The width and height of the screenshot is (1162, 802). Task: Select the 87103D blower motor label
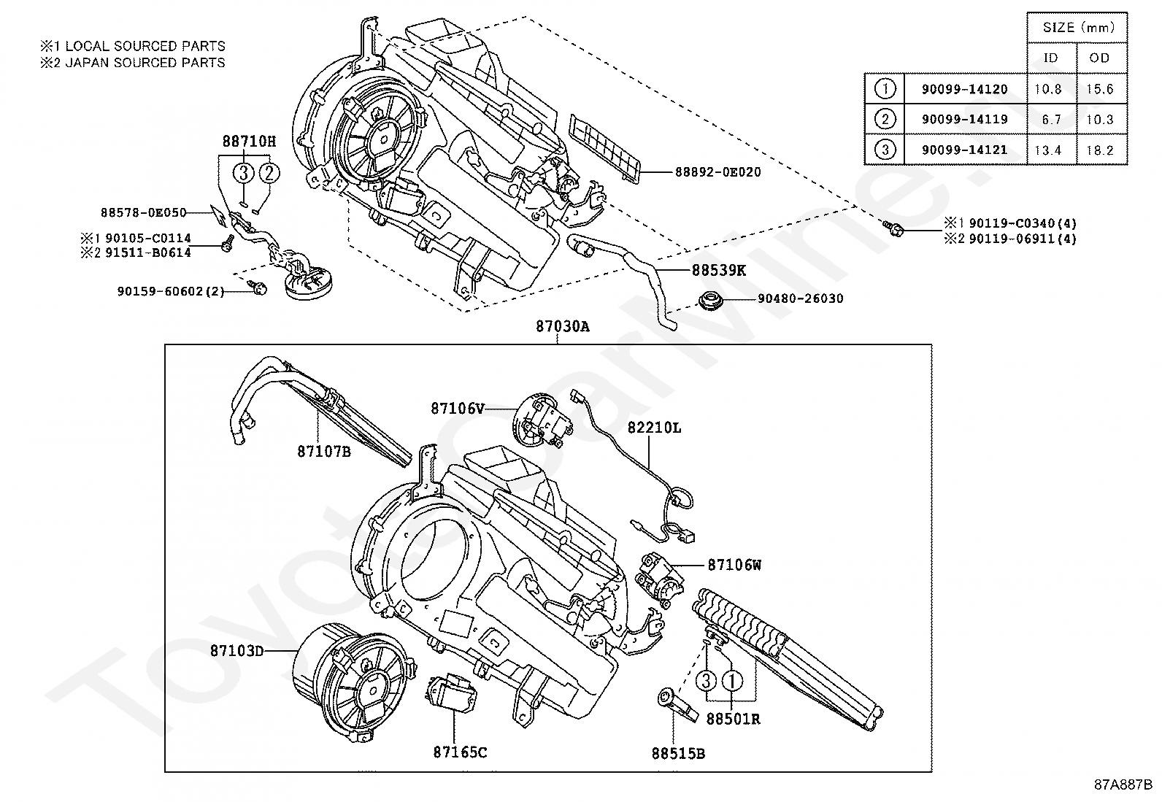[236, 650]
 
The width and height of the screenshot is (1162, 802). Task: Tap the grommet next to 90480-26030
[709, 299]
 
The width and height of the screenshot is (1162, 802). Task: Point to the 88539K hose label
[719, 270]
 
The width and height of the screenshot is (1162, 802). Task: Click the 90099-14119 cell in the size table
[964, 120]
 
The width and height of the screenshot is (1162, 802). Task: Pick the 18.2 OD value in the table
[1099, 150]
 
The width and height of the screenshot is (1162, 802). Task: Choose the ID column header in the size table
[1050, 58]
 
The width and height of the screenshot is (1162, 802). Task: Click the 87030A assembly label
[562, 327]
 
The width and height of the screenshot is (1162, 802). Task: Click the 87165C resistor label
[460, 752]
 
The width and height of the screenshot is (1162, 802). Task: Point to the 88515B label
[678, 753]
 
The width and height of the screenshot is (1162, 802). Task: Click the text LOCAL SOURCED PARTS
[145, 46]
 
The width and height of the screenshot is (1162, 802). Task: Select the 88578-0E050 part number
[143, 212]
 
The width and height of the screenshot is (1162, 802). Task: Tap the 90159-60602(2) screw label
[170, 290]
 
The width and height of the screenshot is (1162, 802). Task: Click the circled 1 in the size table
[885, 89]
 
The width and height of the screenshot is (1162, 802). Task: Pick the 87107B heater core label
[324, 452]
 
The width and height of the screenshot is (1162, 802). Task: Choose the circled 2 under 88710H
[269, 173]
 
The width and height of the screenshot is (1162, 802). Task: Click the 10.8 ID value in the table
[1048, 89]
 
